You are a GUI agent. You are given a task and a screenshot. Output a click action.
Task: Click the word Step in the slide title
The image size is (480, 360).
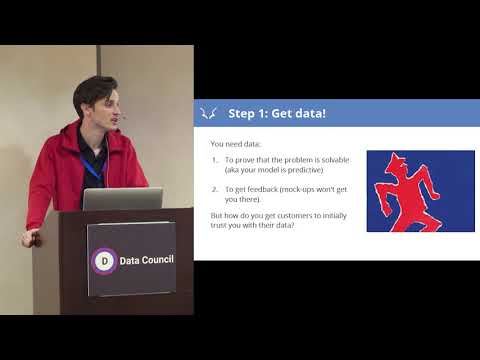coord(245,113)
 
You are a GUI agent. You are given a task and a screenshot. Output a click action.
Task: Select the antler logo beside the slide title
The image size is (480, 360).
coord(210,113)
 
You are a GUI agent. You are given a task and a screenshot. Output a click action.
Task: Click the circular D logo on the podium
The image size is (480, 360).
coord(104,262)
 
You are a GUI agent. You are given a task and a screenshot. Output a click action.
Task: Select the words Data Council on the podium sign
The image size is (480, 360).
coord(146,262)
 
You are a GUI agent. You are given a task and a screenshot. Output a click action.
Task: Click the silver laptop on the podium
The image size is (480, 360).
coord(122,199)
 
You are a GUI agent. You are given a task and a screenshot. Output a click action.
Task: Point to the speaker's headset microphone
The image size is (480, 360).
coord(121,117)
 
